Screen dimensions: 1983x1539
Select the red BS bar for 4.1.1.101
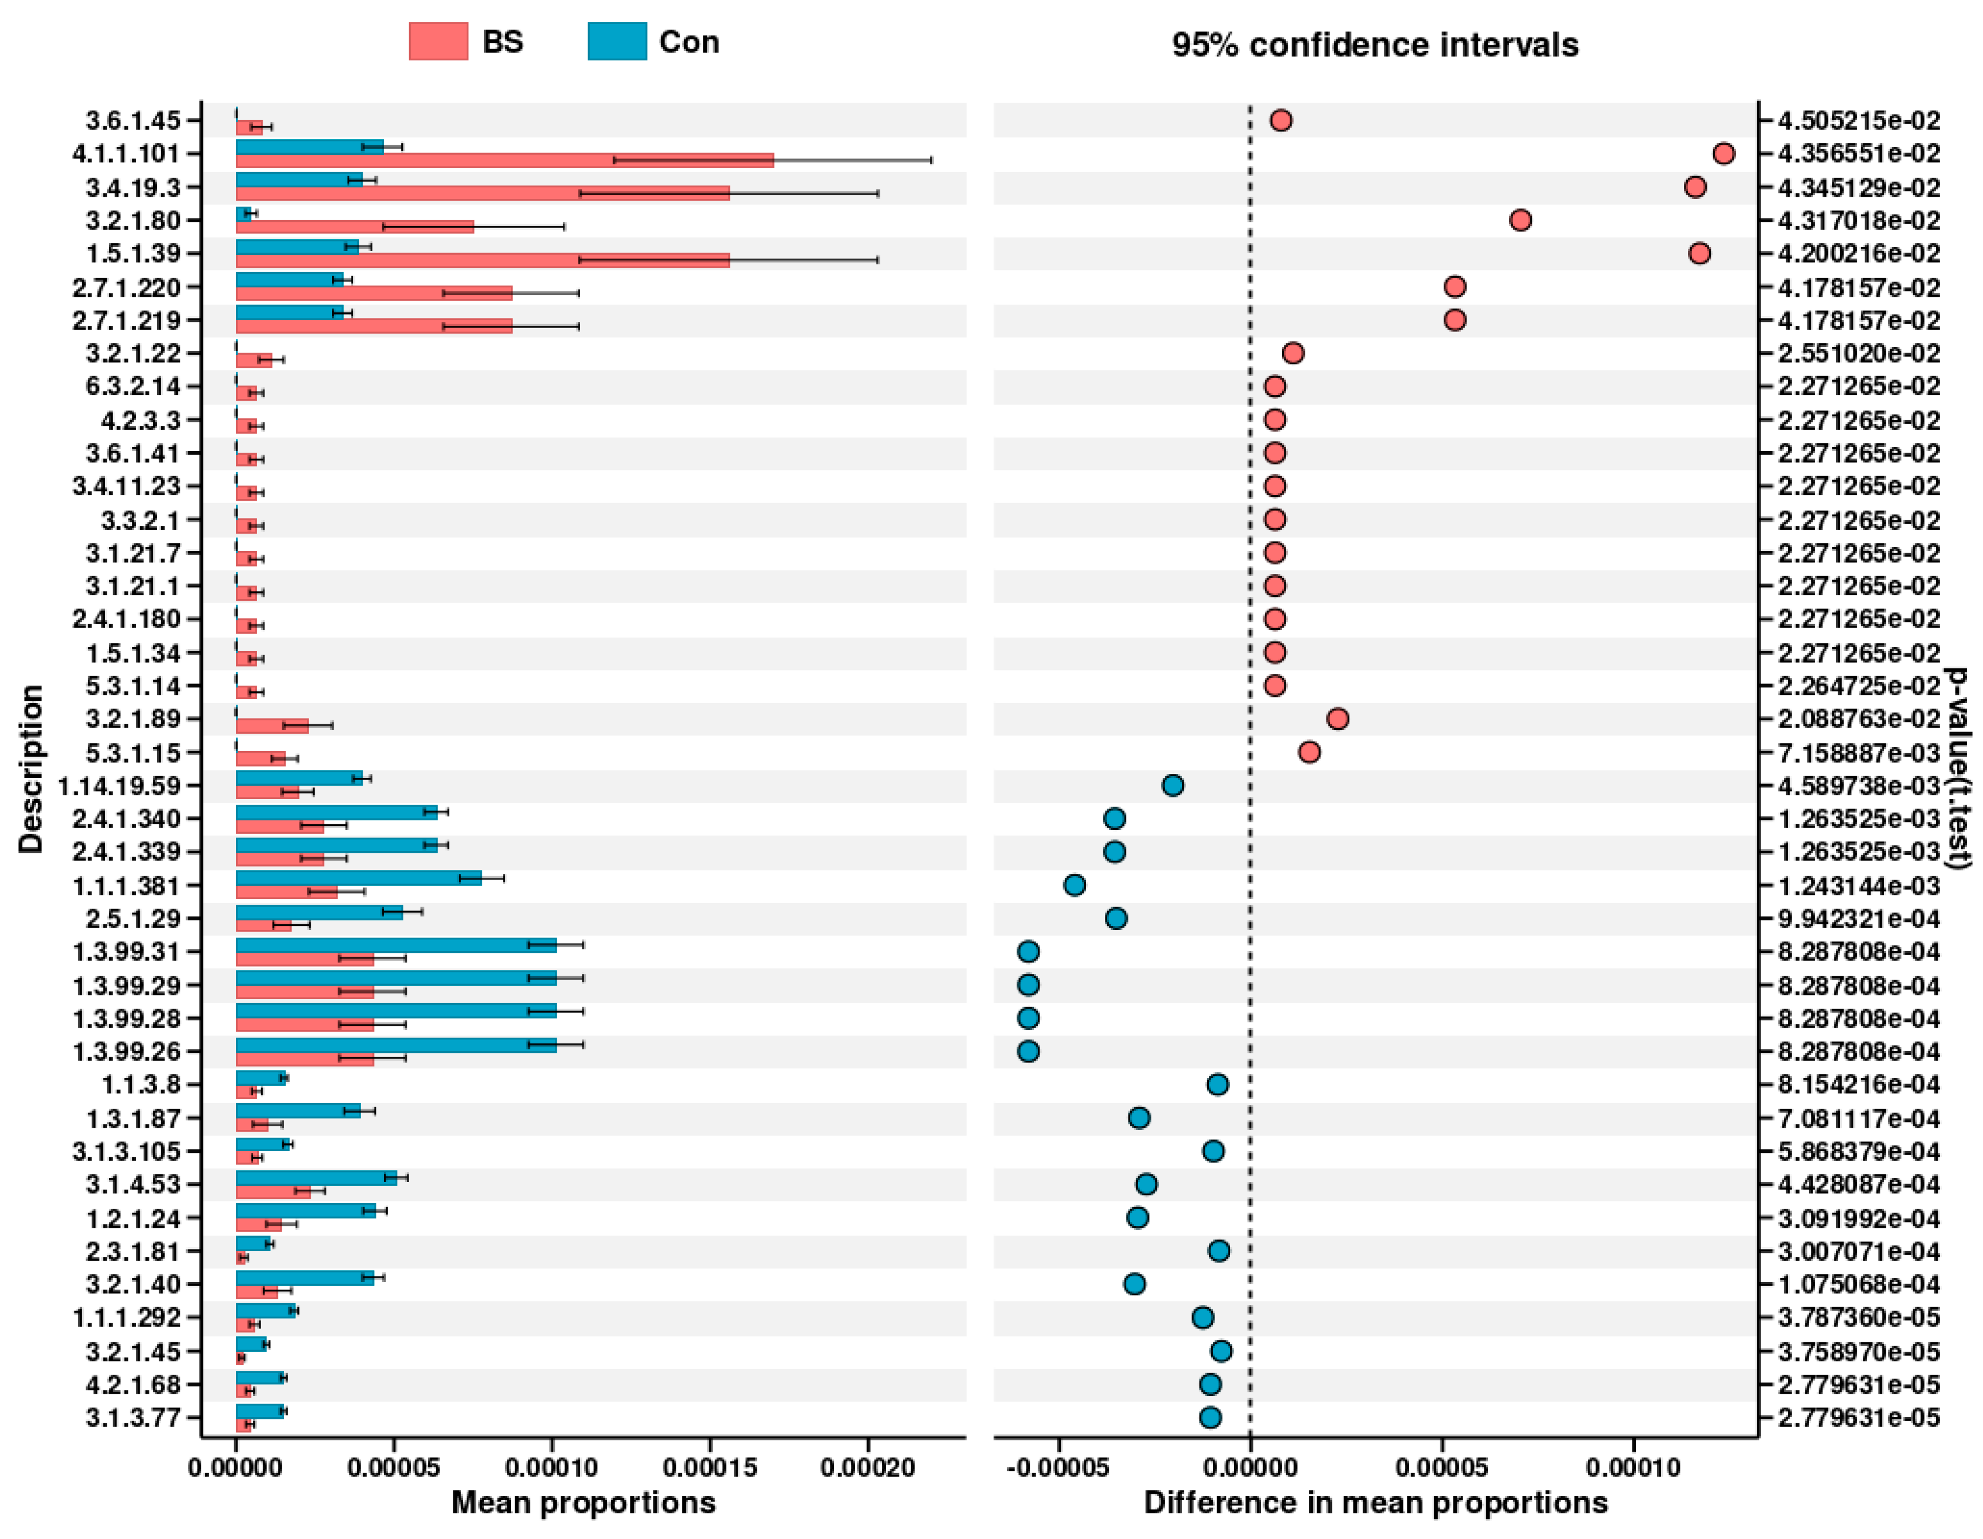coord(505,161)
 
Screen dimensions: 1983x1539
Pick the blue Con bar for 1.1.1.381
coord(359,878)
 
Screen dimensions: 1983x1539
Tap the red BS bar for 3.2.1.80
coord(355,227)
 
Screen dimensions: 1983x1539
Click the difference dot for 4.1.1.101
coord(1723,154)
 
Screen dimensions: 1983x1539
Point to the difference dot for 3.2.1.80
coord(1521,220)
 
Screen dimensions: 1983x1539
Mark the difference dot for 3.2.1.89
coord(1337,719)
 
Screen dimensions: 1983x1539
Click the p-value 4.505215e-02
coord(1858,121)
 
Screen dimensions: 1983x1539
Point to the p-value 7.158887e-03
coord(1858,753)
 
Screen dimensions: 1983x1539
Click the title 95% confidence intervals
coord(1375,45)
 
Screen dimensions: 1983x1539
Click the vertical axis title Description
coord(30,768)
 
